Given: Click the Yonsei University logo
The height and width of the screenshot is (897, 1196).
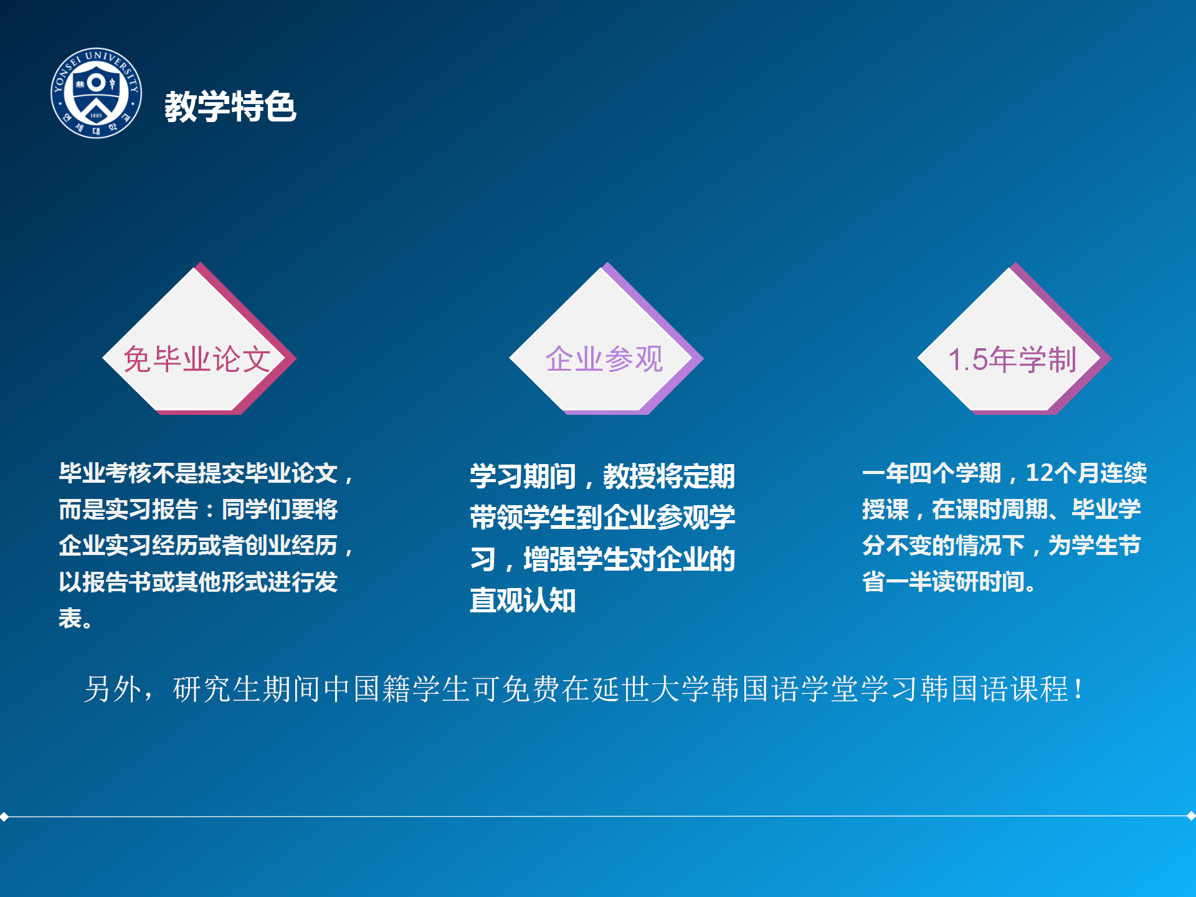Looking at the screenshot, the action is [96, 93].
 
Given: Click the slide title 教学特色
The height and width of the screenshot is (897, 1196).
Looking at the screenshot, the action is [230, 107].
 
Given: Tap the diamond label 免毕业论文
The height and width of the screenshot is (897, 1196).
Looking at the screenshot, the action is [197, 359].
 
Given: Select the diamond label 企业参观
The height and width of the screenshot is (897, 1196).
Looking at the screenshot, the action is [604, 359].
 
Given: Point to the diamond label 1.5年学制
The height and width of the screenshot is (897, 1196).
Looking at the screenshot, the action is [1012, 359].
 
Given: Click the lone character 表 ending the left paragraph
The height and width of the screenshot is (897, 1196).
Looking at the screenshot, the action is [70, 618].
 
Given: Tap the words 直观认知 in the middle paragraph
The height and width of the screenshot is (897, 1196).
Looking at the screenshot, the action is [523, 600].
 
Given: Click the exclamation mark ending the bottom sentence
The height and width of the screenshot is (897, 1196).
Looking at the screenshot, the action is [1078, 689].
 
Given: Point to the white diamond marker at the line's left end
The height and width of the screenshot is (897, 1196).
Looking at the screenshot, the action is [4, 817].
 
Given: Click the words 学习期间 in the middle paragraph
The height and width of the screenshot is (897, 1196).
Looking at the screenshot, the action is [523, 477].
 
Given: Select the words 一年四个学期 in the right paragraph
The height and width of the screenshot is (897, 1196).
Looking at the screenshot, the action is [932, 473].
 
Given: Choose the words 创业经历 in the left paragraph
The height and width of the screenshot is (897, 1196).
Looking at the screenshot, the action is [291, 545].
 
